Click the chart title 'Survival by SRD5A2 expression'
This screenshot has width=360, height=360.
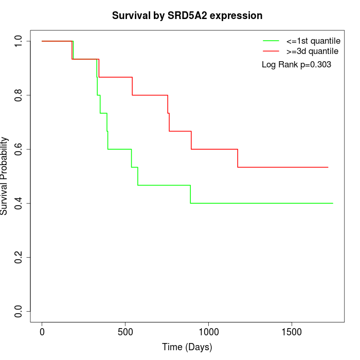[x=187, y=16]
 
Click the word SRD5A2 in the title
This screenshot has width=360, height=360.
[x=188, y=16]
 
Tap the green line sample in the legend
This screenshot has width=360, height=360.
[x=271, y=41]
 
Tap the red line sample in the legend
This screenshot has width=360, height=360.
[x=271, y=51]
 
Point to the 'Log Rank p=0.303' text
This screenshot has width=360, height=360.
[x=296, y=65]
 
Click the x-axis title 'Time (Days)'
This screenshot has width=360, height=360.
[x=187, y=347]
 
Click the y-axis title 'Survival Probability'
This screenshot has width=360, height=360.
[x=5, y=176]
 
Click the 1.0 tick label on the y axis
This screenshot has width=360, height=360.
[x=19, y=41]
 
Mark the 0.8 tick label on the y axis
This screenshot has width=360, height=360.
[x=19, y=95]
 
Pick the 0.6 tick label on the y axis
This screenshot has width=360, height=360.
[x=19, y=149]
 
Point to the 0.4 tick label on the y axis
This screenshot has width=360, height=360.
[x=19, y=203]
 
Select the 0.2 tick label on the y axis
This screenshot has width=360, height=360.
[x=19, y=257]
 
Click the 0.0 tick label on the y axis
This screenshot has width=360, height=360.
[x=19, y=311]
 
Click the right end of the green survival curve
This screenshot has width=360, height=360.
[x=333, y=203]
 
